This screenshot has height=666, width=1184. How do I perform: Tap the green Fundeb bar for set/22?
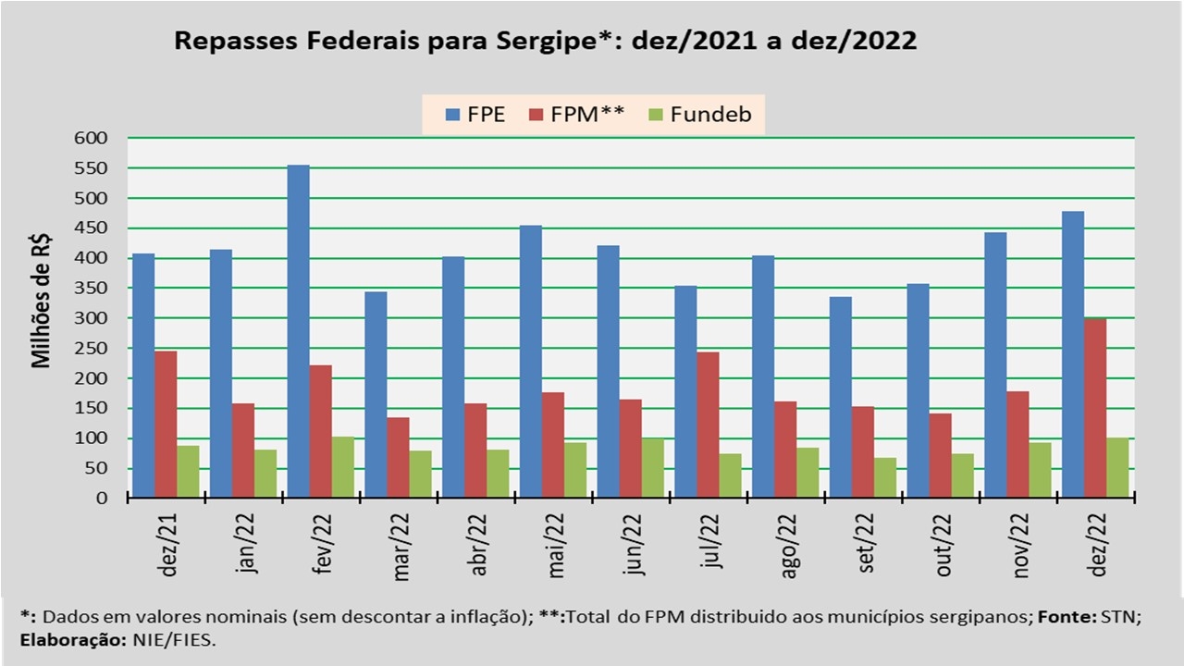pos(885,477)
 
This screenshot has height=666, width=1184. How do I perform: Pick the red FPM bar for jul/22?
pos(708,425)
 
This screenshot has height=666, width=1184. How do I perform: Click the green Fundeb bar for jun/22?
pos(653,468)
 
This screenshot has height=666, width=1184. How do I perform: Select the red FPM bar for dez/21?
pos(166,425)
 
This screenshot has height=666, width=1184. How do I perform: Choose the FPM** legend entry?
pos(578,116)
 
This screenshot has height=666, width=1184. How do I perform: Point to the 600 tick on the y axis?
pos(92,138)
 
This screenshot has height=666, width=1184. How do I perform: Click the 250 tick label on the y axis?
pos(92,349)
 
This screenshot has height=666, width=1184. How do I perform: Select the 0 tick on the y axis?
pos(102,499)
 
